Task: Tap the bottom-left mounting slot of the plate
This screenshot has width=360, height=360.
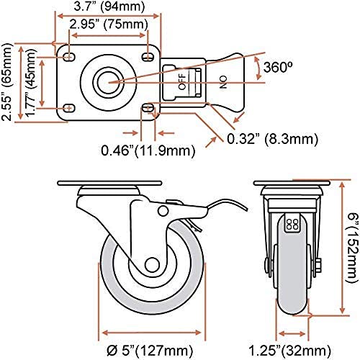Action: (69, 108)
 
